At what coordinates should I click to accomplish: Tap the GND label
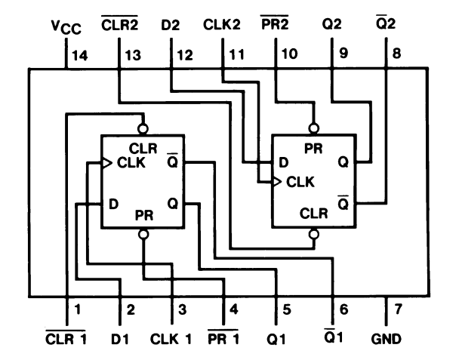pos(386,339)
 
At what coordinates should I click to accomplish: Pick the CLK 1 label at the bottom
pos(171,339)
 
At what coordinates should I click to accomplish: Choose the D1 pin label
pos(120,339)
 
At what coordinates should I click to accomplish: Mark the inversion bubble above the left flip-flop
pos(142,128)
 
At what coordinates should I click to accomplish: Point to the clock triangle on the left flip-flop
pos(106,162)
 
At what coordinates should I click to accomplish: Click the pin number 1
pos(76,309)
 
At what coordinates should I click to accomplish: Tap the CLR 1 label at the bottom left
pos(66,339)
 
